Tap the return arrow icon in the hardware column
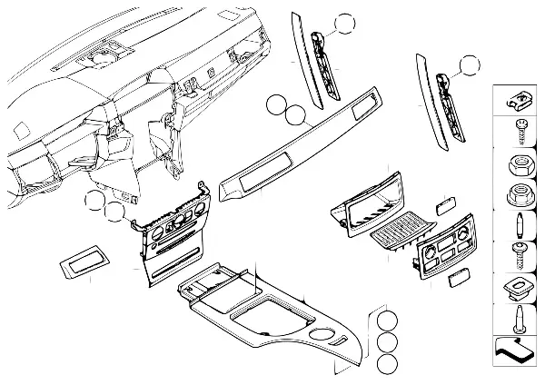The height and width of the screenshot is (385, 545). tap(515, 347)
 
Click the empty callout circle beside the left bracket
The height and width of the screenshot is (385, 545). tap(344, 25)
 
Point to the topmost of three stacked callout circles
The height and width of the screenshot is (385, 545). tap(387, 321)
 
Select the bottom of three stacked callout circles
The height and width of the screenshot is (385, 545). tap(387, 363)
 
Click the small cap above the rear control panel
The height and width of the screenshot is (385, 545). tap(446, 206)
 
